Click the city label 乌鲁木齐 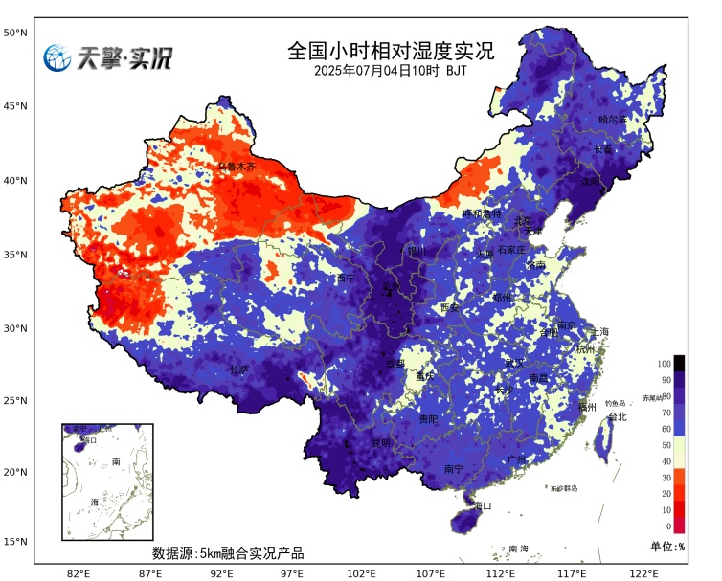click(x=237, y=167)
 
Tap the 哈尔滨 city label click(x=612, y=120)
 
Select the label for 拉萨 click(x=239, y=369)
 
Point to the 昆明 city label click(x=381, y=443)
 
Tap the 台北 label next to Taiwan click(x=616, y=417)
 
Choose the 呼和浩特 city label click(x=482, y=214)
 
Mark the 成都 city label click(x=395, y=364)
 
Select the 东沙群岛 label click(x=564, y=487)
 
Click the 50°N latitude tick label click(x=14, y=33)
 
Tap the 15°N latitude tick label click(x=14, y=542)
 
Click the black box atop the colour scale click(x=679, y=363)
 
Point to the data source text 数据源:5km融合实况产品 click(x=228, y=553)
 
